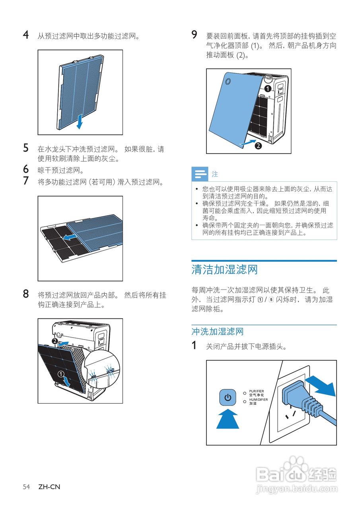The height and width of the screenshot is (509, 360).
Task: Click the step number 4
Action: point(26,35)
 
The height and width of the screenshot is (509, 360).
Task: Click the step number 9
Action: point(195,35)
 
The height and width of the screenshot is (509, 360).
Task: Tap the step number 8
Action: point(26,294)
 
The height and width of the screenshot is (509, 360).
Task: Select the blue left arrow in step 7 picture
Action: point(70,237)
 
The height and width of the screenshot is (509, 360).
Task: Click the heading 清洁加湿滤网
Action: point(225,270)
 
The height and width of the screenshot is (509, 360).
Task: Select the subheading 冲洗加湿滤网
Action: point(218,332)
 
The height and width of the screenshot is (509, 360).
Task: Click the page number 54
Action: point(27,487)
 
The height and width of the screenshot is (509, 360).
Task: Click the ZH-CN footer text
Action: point(49,487)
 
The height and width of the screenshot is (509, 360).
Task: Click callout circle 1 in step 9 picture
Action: point(268,88)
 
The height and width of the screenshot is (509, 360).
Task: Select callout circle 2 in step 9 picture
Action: point(258,146)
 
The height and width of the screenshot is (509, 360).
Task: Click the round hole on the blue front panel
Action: point(228,81)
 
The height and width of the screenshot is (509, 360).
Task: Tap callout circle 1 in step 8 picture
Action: point(61,374)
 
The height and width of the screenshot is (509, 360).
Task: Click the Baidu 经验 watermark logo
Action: point(296,475)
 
